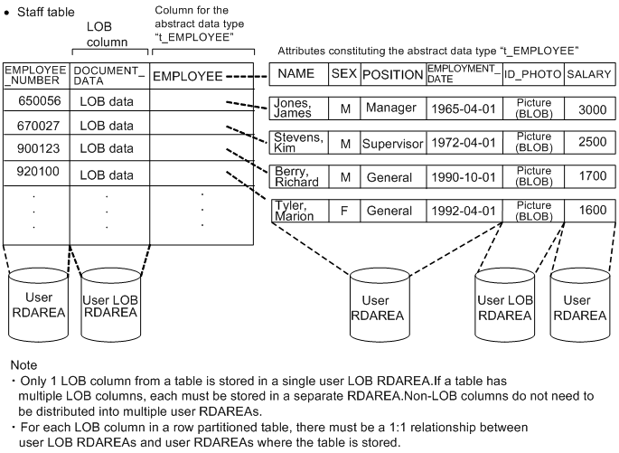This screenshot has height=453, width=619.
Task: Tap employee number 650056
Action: (x=35, y=101)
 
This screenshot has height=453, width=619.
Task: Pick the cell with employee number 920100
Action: (x=35, y=171)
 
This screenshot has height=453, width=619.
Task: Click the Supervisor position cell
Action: (x=392, y=143)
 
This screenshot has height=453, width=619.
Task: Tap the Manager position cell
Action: (x=392, y=109)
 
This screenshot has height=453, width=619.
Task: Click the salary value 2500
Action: (x=591, y=143)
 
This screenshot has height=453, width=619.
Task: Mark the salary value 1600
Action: (x=591, y=211)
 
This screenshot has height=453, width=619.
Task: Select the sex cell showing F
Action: (x=344, y=211)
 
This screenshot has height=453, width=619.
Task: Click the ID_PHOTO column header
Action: (x=532, y=74)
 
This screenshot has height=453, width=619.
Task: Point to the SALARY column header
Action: (x=591, y=74)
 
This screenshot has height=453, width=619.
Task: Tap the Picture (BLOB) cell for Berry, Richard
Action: (x=532, y=177)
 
